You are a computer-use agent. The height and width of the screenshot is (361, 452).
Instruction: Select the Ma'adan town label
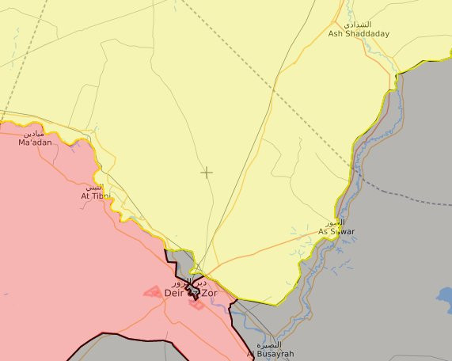tap(35, 143)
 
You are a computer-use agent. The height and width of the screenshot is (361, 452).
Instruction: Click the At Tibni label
tap(95, 196)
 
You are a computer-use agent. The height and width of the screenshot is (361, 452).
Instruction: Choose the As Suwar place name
tap(336, 232)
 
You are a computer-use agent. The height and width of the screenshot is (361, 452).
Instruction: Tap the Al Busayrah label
tap(270, 354)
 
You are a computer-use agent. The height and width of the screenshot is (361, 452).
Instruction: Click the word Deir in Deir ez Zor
tap(174, 294)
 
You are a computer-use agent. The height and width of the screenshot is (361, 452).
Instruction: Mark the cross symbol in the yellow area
tap(207, 172)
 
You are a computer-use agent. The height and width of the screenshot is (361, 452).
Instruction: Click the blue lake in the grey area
tap(443, 298)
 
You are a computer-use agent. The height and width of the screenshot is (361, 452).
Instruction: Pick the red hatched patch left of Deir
tap(152, 292)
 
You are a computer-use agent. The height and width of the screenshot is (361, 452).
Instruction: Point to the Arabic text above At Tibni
tap(97, 187)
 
